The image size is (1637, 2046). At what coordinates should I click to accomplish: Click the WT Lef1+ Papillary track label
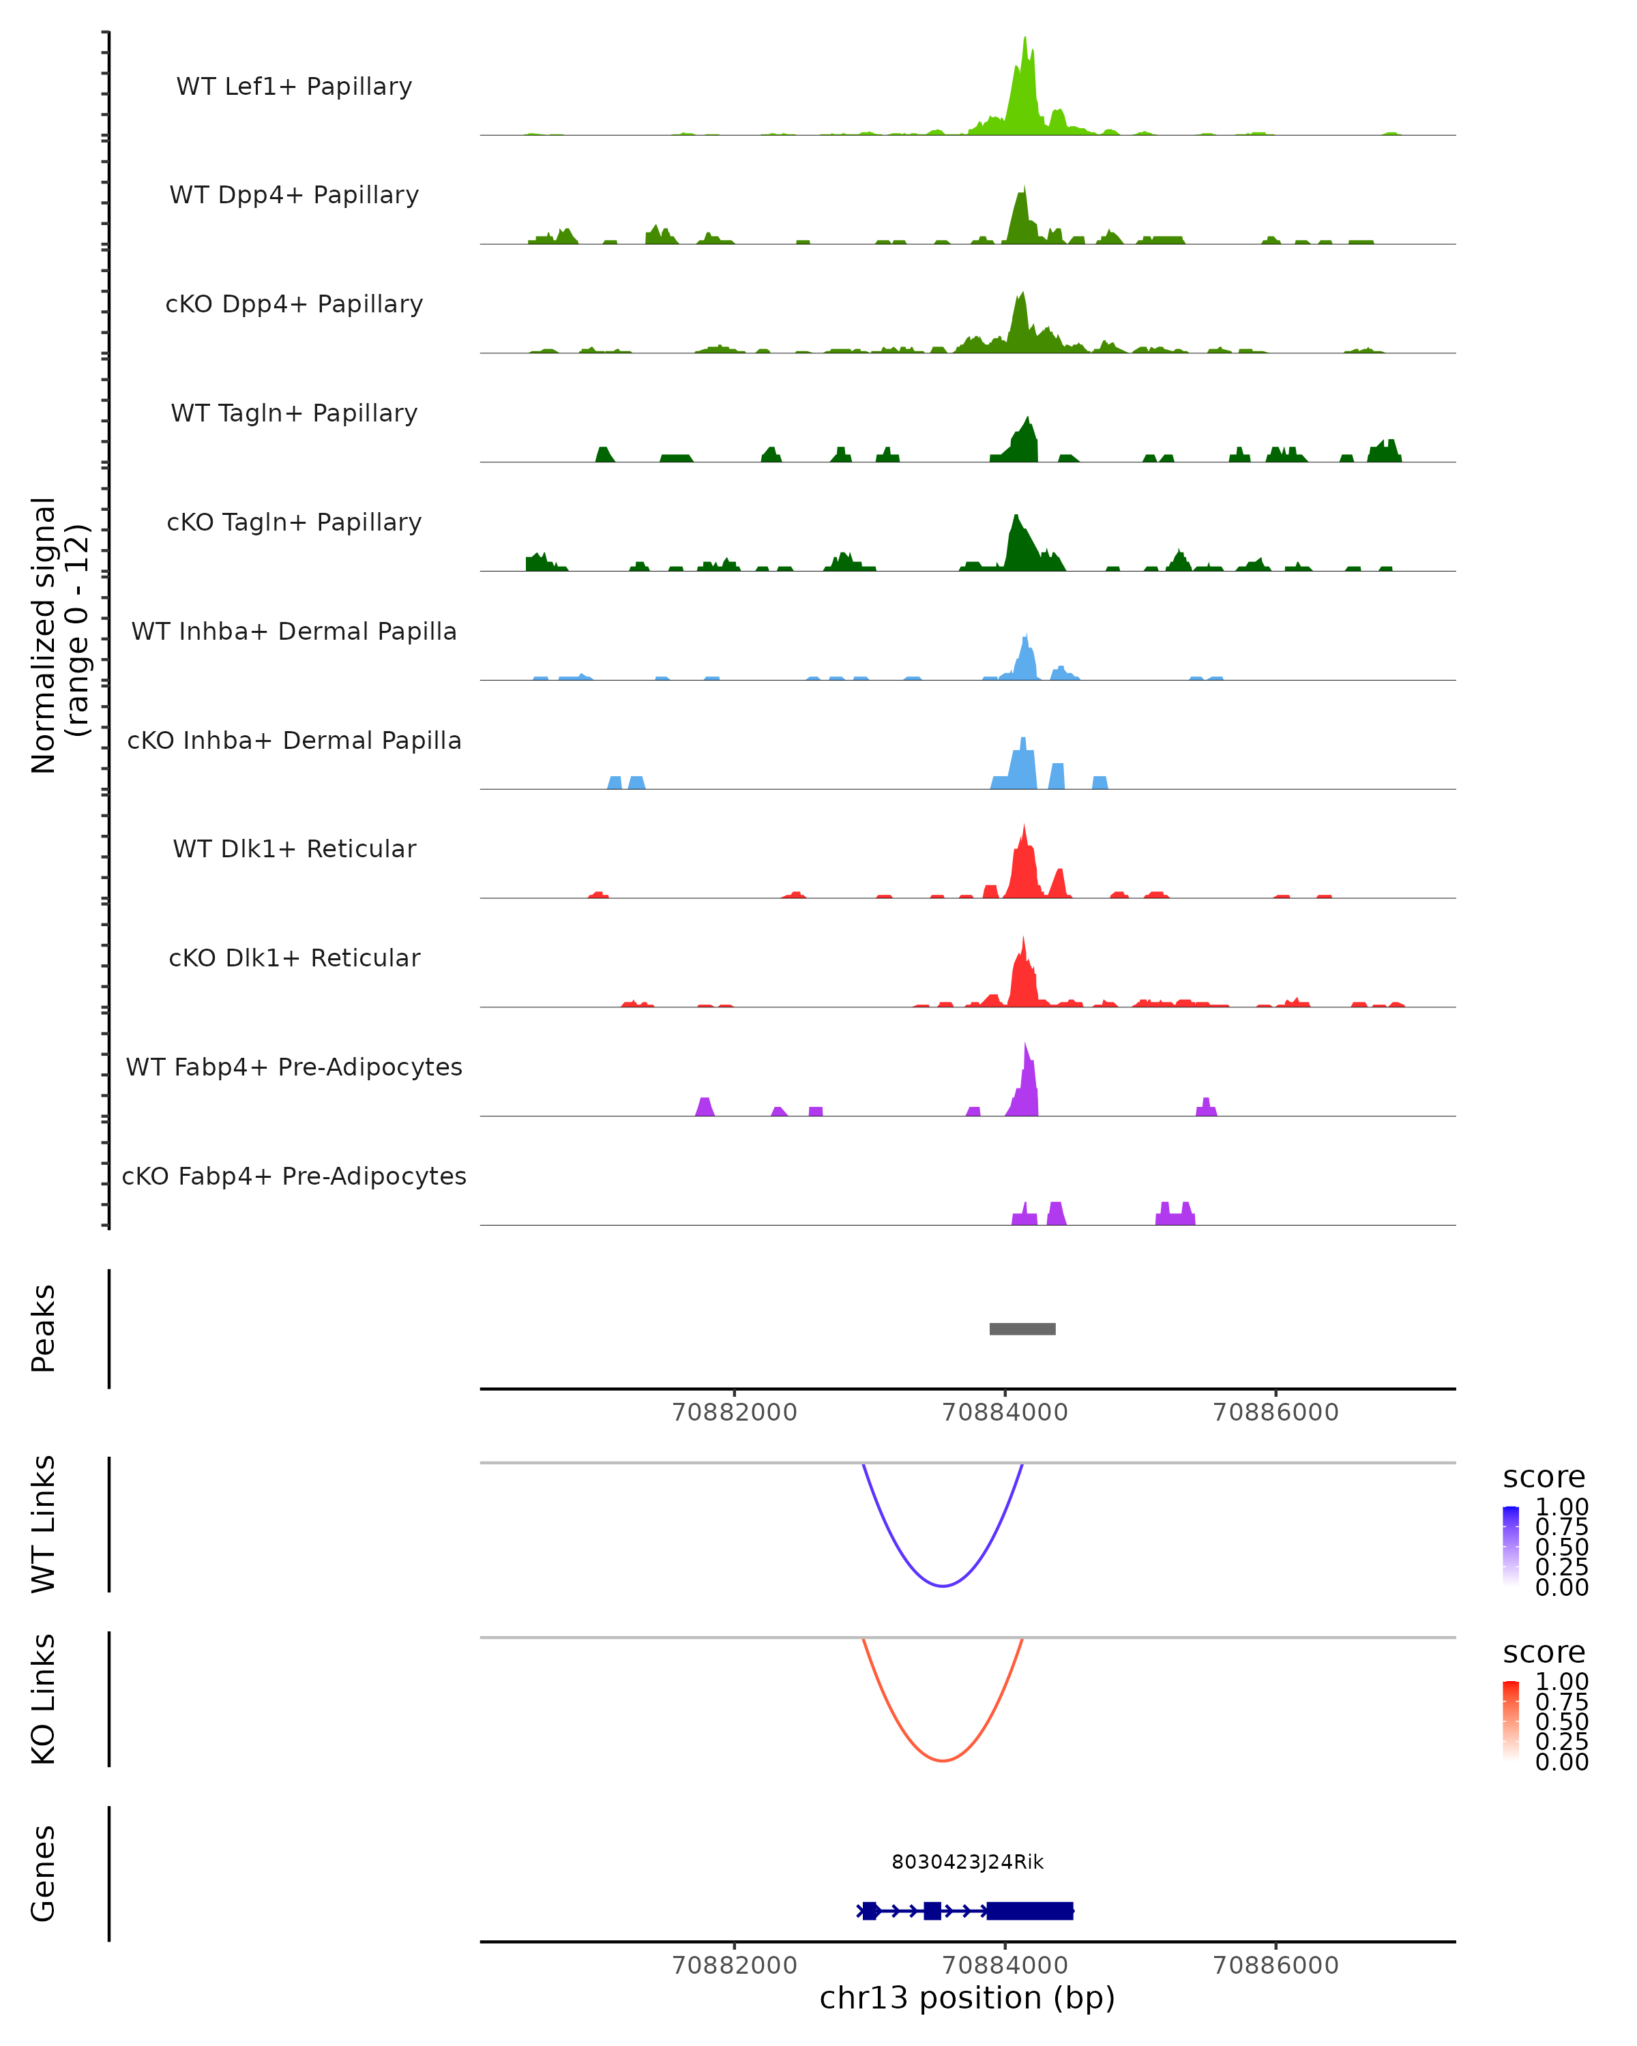click(294, 87)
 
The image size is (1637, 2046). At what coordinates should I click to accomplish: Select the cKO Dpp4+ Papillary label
click(294, 305)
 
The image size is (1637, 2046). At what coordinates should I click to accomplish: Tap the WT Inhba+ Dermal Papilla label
click(294, 632)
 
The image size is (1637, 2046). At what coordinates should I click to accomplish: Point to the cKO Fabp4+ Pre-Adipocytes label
click(294, 1176)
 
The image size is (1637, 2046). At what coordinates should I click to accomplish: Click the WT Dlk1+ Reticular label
click(294, 849)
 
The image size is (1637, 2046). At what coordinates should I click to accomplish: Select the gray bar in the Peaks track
click(1022, 1329)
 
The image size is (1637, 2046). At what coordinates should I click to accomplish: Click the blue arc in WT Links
click(943, 1586)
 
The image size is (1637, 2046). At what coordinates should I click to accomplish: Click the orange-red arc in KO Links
click(943, 1760)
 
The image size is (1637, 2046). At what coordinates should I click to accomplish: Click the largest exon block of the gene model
click(1030, 1910)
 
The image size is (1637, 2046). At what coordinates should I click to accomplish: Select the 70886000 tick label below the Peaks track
click(1275, 1412)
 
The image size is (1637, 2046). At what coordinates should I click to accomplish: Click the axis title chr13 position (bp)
click(967, 1998)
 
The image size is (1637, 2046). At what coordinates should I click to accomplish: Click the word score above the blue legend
click(1544, 1478)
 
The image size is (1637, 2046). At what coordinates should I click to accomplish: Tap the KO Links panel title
click(44, 1699)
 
